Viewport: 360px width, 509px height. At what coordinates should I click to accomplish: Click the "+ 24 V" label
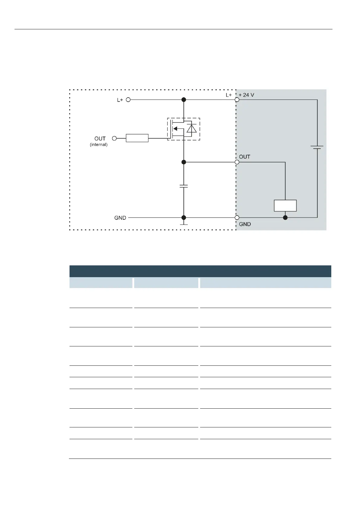point(246,95)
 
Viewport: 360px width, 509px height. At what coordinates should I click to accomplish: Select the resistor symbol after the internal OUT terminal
point(137,138)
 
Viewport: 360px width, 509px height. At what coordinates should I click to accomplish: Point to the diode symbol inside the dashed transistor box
point(192,129)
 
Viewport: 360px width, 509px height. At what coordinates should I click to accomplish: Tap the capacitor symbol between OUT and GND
point(183,186)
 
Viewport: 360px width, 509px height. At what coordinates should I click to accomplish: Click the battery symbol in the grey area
point(317,148)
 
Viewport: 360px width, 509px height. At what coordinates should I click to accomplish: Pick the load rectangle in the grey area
point(285,206)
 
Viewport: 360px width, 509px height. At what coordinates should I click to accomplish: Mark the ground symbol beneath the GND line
point(183,224)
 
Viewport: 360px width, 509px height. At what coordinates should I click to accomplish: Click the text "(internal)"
point(99,144)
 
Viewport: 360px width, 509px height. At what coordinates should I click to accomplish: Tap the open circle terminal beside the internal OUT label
point(114,138)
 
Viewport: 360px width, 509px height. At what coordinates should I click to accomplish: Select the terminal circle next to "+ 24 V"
point(237,99)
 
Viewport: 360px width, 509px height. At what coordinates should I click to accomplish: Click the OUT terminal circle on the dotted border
point(237,162)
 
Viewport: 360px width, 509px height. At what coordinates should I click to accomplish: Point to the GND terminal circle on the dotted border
point(237,218)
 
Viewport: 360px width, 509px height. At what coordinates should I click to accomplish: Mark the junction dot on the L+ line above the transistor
point(183,99)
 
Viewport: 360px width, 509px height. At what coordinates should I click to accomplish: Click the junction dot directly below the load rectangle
point(285,218)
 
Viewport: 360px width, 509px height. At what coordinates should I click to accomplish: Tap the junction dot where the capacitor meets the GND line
point(183,218)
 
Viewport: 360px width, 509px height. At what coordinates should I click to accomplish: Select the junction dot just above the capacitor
point(183,162)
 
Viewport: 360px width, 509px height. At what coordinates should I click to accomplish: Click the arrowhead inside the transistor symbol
point(175,129)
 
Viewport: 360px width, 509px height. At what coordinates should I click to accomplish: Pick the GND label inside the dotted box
point(120,218)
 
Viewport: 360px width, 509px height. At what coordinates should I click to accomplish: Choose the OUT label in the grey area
point(245,157)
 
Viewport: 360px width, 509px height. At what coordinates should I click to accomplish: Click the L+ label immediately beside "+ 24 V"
point(229,95)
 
